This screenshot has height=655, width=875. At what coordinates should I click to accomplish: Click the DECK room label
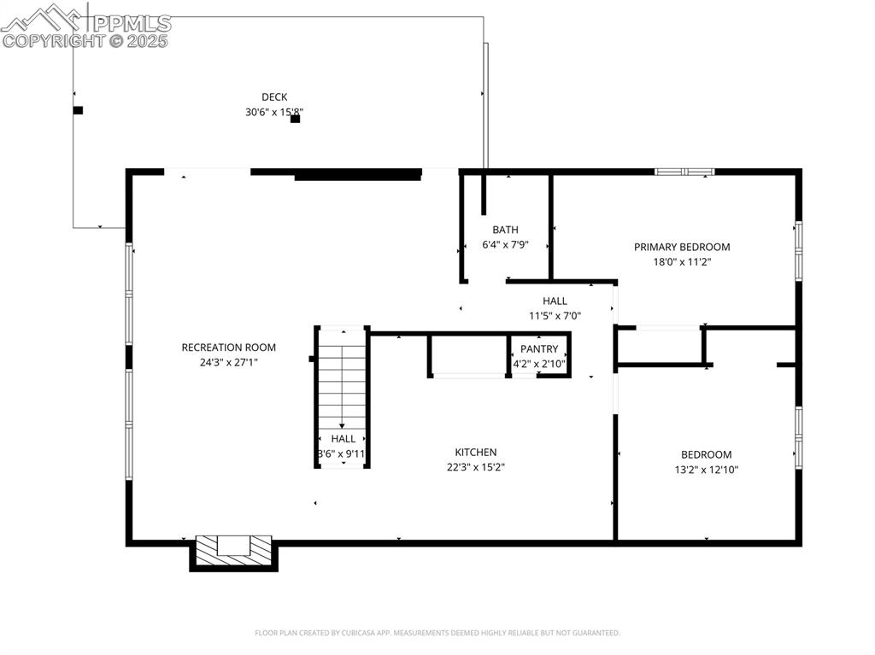point(274,96)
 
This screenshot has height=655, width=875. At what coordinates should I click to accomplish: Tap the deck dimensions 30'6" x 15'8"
point(274,112)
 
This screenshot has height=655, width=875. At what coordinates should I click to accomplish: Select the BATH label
point(505,230)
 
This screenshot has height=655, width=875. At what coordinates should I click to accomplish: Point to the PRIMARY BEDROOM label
point(682,247)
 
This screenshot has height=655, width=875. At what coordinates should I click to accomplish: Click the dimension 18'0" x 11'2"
point(682,262)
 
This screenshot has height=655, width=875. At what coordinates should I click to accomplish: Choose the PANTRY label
point(539,349)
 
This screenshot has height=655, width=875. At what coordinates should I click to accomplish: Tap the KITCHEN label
point(475,452)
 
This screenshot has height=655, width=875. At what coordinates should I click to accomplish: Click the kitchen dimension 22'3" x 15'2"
point(475,467)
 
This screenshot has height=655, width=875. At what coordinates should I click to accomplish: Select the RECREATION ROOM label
point(228,347)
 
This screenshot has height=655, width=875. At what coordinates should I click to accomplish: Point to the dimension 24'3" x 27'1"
point(228,362)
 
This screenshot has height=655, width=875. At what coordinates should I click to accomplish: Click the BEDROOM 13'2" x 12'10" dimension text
point(706,470)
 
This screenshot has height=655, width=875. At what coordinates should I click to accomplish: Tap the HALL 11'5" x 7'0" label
point(555,301)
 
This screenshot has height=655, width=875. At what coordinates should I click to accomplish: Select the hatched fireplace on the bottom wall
point(233,551)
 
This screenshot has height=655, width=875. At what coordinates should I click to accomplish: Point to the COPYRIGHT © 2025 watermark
point(85,40)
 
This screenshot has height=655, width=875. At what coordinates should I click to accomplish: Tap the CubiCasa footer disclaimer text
point(437,633)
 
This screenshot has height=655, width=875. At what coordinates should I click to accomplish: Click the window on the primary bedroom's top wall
point(684,172)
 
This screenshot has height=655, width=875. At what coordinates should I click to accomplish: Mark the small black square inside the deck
point(295,120)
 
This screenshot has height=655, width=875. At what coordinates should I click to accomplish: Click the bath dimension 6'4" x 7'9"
point(505,245)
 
